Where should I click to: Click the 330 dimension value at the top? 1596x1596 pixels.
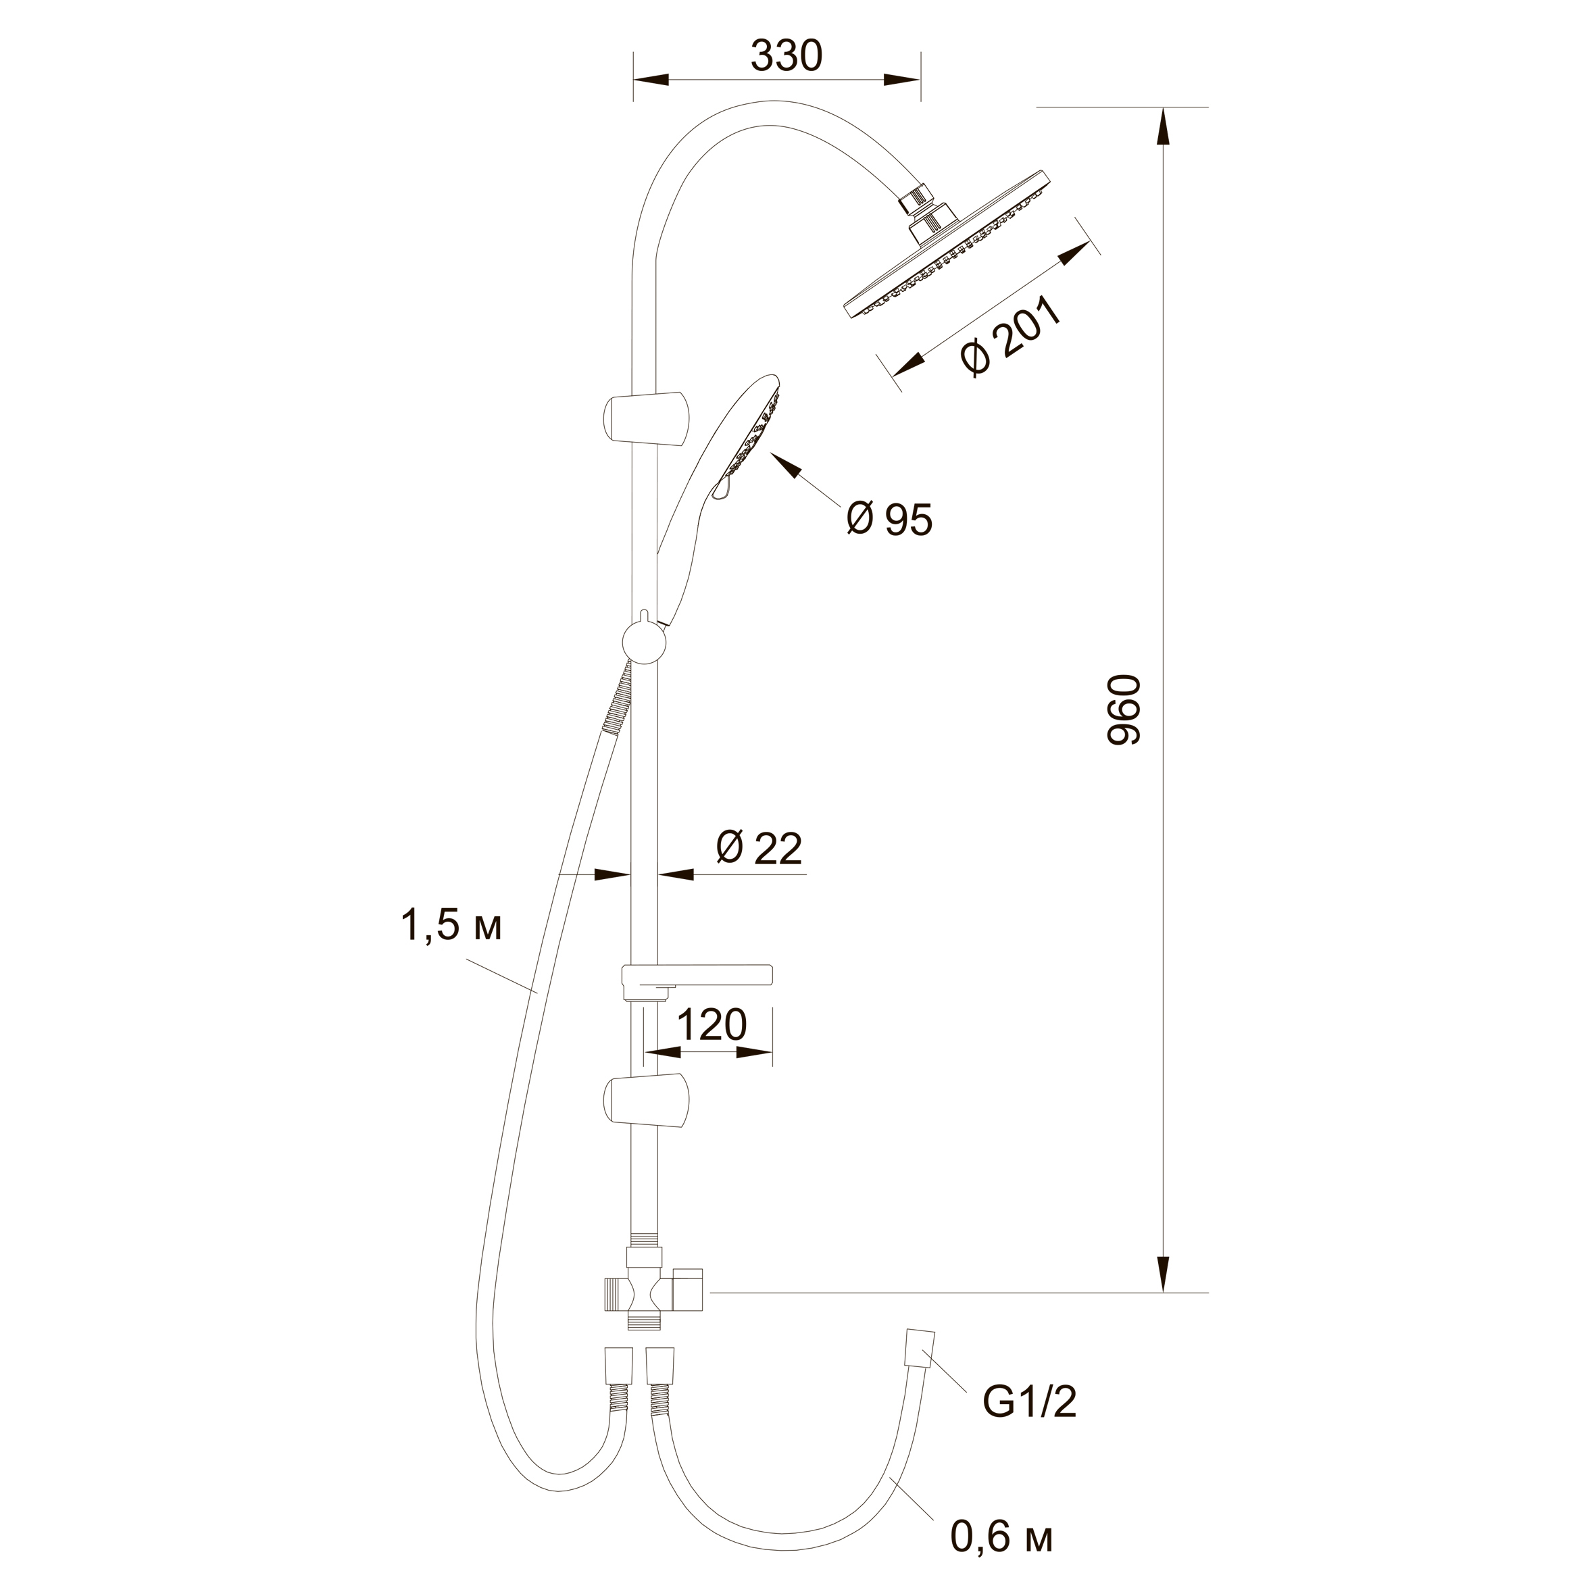click(x=787, y=56)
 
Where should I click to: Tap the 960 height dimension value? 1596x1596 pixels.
click(x=1124, y=709)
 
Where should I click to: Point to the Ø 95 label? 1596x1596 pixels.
click(x=890, y=519)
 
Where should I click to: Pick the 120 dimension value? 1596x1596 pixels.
click(x=712, y=1024)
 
